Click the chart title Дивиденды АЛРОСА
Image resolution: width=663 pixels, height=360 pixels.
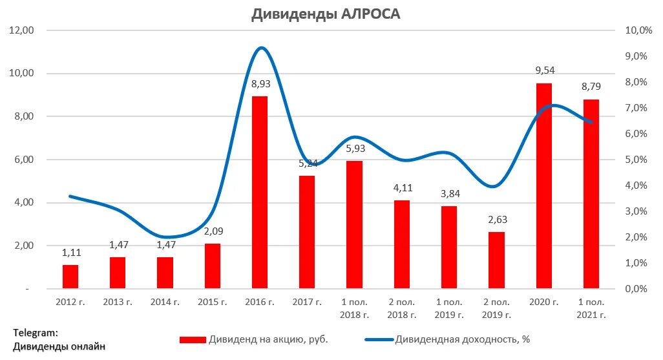point(326,14)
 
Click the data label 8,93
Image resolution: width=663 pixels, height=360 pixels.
point(260,84)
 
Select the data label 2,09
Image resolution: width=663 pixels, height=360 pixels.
point(213,231)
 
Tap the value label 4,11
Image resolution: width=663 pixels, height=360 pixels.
point(402,188)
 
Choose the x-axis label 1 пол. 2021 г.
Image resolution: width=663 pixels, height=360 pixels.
point(591,308)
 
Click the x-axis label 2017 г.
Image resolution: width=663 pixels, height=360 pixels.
point(306,302)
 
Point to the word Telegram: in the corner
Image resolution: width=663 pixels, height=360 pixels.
point(36,333)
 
